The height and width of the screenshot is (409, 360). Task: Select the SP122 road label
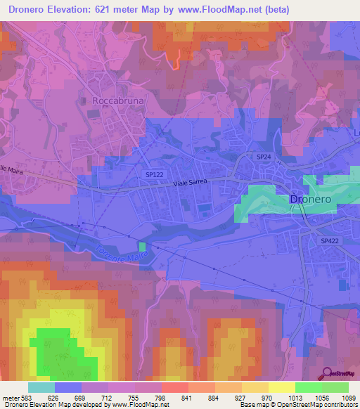point(155,174)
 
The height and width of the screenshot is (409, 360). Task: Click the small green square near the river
point(143,247)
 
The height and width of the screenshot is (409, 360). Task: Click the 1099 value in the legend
point(340,397)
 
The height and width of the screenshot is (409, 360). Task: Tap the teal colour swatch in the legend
point(41,387)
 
